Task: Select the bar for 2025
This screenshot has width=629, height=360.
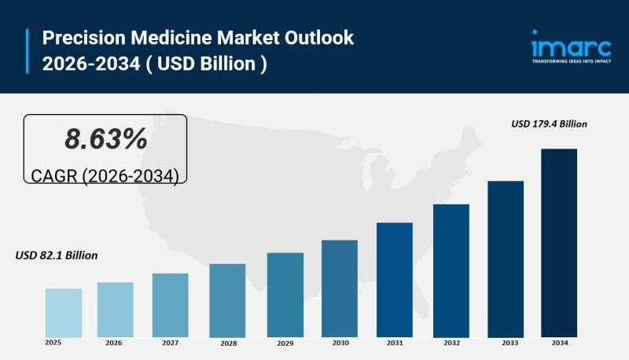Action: pyautogui.click(x=64, y=313)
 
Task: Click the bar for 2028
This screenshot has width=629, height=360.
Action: pyautogui.click(x=227, y=300)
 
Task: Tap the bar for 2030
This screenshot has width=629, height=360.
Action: pyautogui.click(x=339, y=288)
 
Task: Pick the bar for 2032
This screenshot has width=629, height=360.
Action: pyautogui.click(x=451, y=270)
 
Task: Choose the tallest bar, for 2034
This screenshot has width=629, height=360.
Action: pyautogui.click(x=559, y=243)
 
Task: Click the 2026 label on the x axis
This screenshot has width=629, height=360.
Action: pyautogui.click(x=114, y=343)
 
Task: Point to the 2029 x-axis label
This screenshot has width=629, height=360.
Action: pyautogui.click(x=285, y=343)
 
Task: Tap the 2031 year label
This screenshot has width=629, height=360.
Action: pyautogui.click(x=395, y=343)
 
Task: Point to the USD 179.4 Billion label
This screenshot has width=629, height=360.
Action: pyautogui.click(x=549, y=123)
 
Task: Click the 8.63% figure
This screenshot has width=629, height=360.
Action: pyautogui.click(x=105, y=139)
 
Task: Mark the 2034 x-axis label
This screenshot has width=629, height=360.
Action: pyautogui.click(x=560, y=343)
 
